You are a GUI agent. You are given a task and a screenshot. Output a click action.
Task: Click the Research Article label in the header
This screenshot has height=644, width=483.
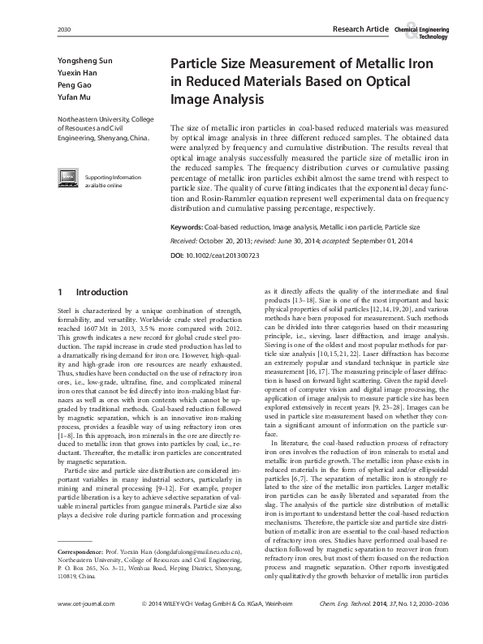(x=360, y=29)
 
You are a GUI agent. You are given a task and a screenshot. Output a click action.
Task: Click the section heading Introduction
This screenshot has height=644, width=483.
(x=101, y=292)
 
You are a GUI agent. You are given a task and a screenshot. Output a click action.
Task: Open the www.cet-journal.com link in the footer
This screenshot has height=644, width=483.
(x=86, y=627)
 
